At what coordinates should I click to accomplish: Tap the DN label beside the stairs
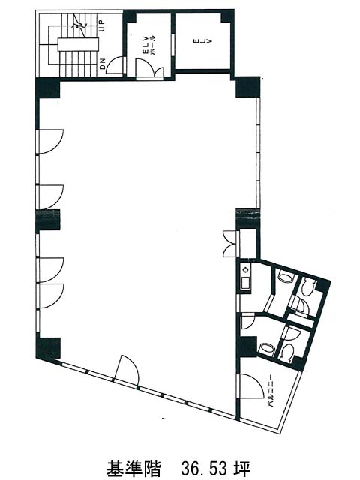tap(103, 64)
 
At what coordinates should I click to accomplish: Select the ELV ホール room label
tap(149, 45)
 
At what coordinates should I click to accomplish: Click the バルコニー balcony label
tap(271, 391)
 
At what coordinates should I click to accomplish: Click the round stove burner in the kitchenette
tap(245, 270)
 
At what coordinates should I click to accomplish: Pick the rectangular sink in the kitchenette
tap(245, 282)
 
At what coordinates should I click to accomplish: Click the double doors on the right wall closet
tap(231, 243)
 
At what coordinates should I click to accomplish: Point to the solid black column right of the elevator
tap(247, 87)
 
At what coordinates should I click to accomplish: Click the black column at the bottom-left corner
tap(48, 348)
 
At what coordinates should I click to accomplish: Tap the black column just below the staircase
tap(48, 88)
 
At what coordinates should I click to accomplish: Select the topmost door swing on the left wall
tap(50, 142)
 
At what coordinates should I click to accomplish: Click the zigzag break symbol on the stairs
tap(78, 25)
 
